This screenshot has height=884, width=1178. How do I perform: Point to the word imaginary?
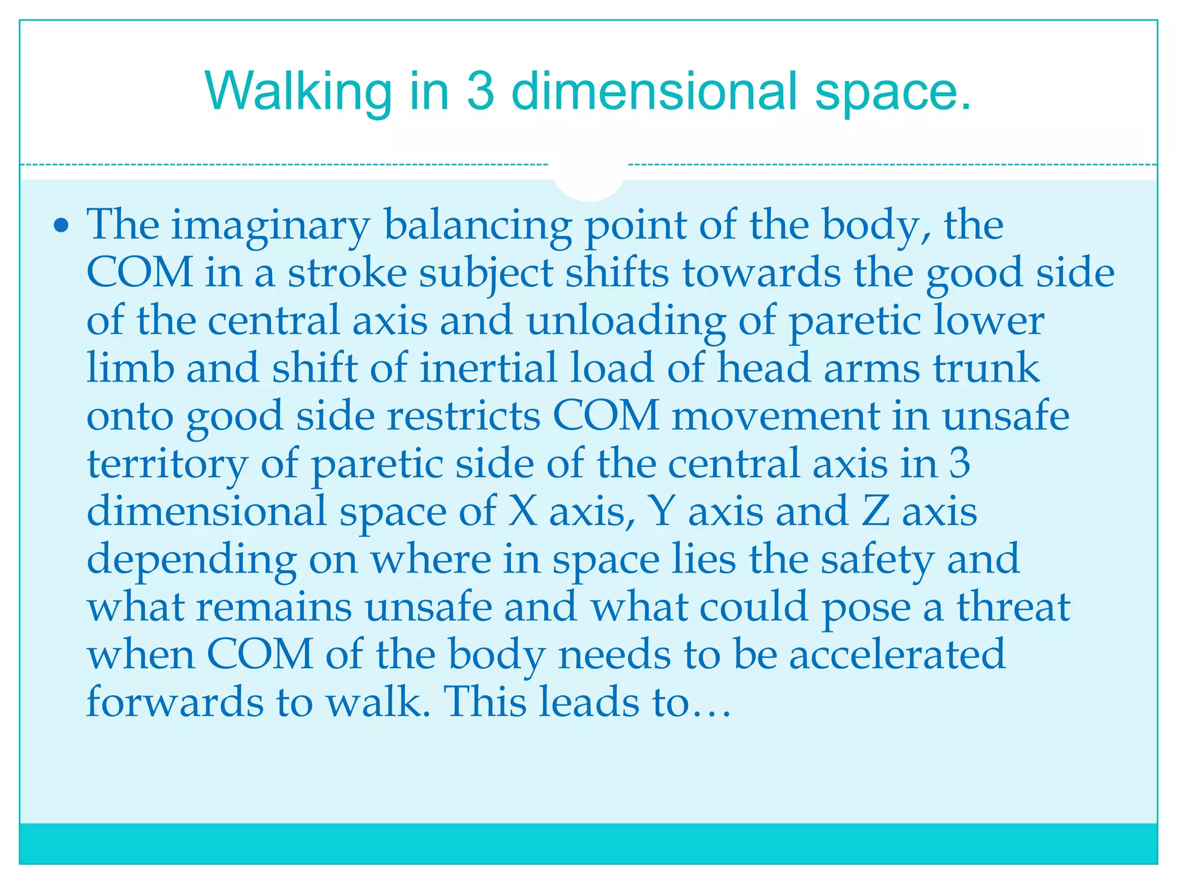[270, 226]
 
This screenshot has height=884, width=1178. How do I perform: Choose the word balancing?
[477, 226]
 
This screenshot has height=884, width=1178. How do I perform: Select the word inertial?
[488, 368]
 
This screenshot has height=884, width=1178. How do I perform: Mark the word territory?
[167, 464]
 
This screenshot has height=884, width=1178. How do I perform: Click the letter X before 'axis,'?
[522, 511]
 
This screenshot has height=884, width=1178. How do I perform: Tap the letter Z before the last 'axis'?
[875, 511]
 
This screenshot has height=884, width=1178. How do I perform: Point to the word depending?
[192, 560]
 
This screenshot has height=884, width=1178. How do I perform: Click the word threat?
[1013, 607]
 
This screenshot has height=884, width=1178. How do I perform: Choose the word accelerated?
[897, 654]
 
